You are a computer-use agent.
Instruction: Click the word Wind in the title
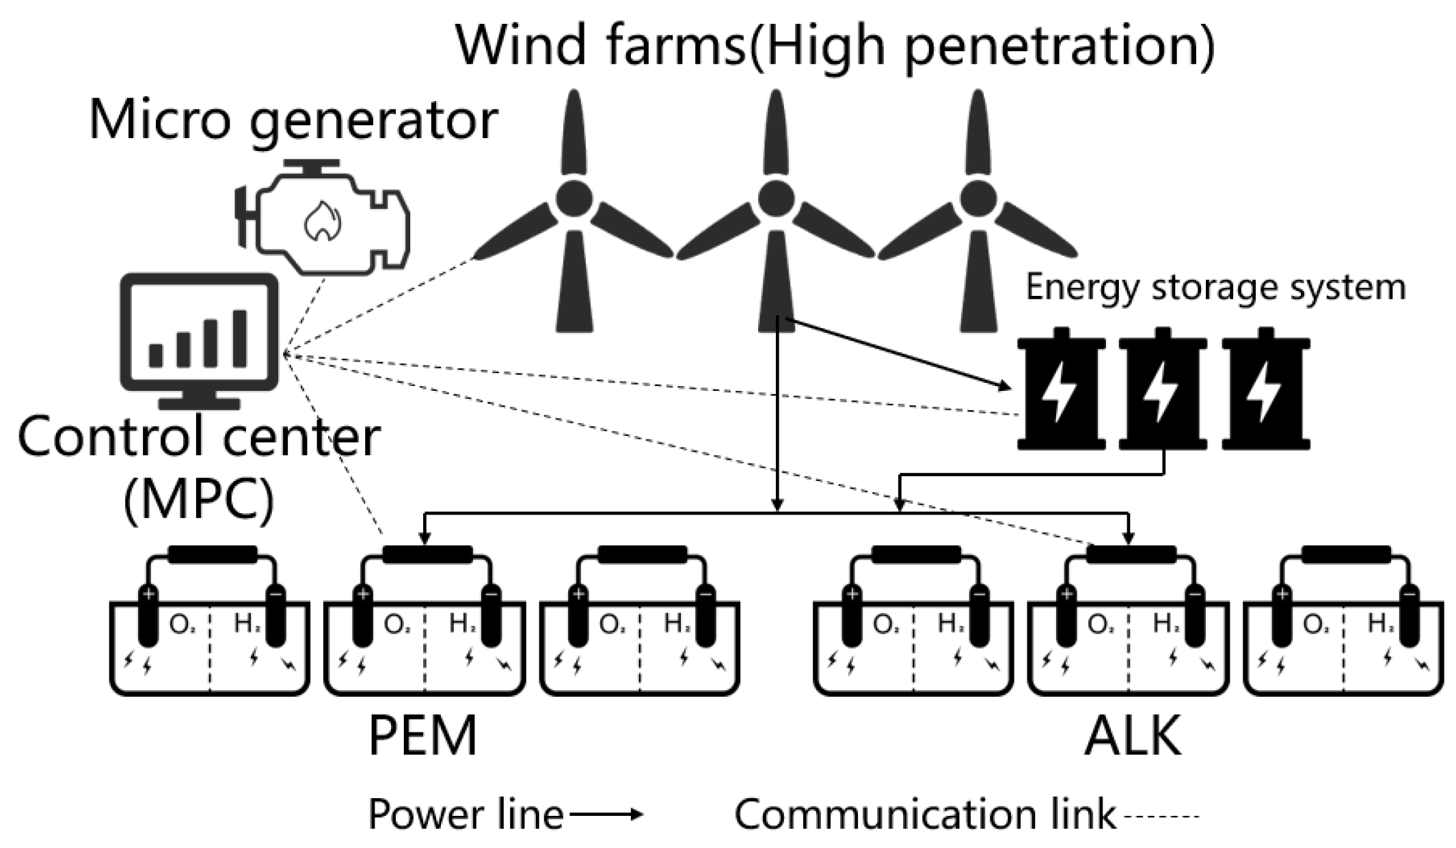[x=521, y=45]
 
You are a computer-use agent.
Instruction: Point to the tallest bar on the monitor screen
[x=240, y=339]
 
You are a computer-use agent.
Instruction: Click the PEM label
[x=422, y=736]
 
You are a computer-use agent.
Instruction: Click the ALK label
[x=1133, y=736]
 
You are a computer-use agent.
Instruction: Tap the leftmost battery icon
[x=1061, y=389]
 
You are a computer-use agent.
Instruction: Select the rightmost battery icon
[x=1266, y=389]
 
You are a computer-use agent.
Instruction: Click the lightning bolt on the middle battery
[x=1162, y=392]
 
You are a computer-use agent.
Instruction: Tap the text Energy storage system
[x=1215, y=287]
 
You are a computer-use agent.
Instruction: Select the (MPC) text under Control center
[x=199, y=500]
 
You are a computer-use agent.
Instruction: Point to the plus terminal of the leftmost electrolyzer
[x=148, y=594]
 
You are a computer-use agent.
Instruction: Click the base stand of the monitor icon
[x=199, y=403]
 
